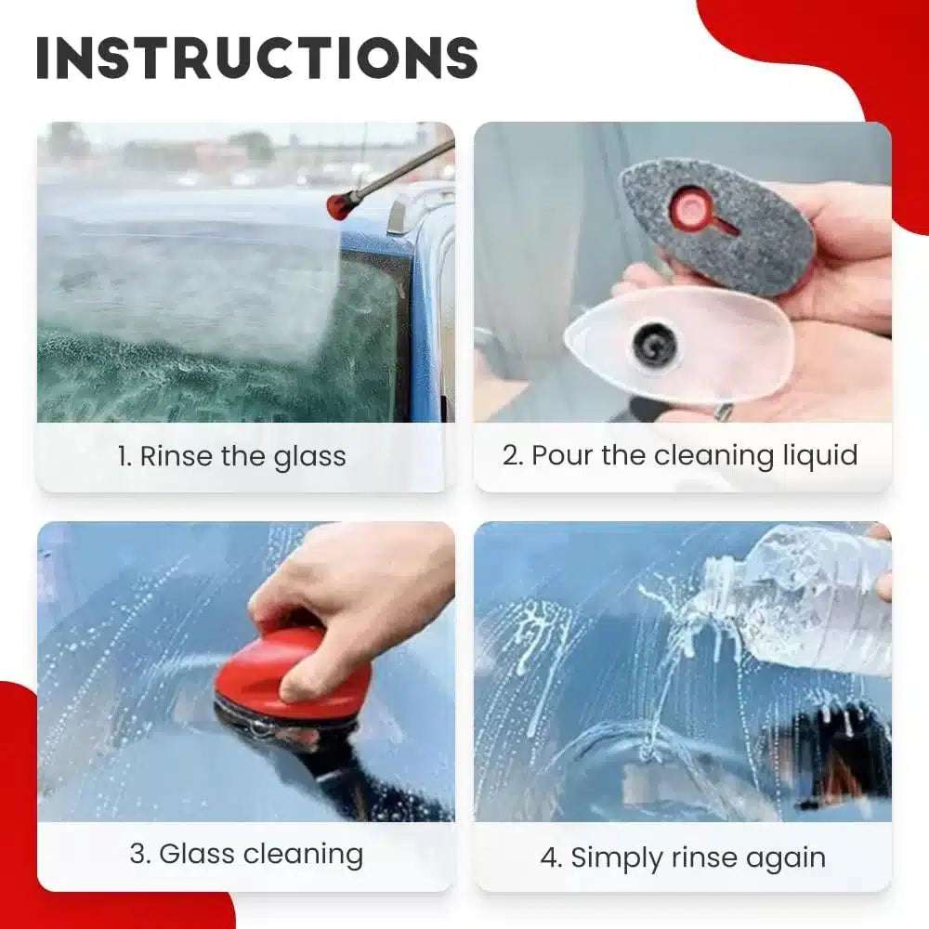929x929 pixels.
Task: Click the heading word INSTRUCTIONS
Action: click(256, 58)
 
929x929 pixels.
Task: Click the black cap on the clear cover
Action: click(653, 347)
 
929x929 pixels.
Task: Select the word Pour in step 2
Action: click(562, 455)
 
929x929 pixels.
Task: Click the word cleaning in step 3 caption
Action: click(303, 856)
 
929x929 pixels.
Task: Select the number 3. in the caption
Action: click(140, 855)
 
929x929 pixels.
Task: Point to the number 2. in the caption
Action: click(513, 455)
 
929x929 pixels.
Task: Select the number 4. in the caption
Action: click(552, 858)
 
